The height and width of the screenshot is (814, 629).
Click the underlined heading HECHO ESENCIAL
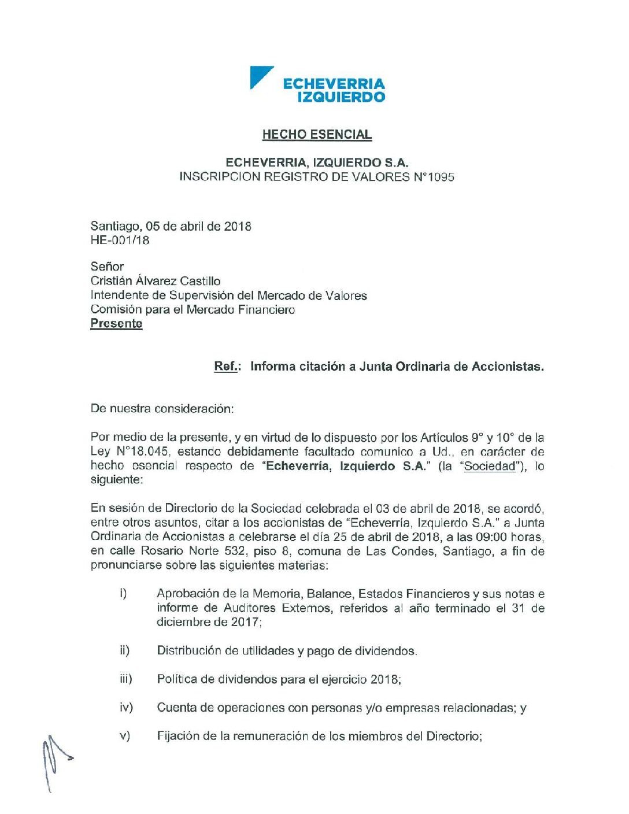coord(317,135)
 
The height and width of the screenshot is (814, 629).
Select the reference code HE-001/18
coord(120,240)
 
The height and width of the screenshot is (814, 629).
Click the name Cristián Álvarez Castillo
coord(156,281)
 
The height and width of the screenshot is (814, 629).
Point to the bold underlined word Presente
coord(116,324)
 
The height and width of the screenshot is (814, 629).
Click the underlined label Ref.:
coord(226,367)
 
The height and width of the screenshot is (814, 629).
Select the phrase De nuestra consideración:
coord(162,409)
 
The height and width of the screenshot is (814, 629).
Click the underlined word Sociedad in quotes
coord(490,466)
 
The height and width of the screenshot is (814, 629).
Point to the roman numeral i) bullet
coord(123,593)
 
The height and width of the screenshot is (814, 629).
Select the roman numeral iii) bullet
coord(125,679)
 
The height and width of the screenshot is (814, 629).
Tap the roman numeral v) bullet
coord(124,736)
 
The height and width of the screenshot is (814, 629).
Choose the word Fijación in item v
coord(177,737)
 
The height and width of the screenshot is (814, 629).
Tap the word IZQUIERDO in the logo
coord(341,97)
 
